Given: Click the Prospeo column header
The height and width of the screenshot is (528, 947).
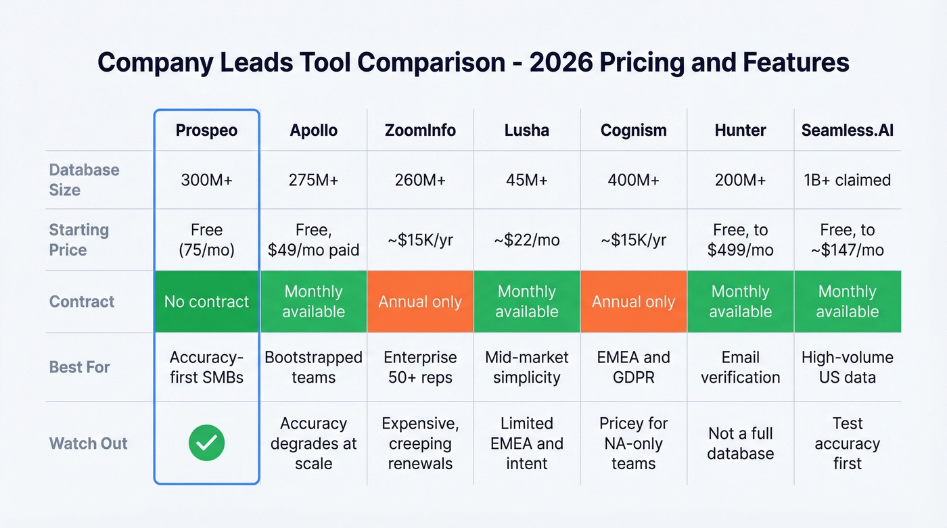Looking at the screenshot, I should pos(206,130).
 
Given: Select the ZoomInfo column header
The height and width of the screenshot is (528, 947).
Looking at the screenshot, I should pos(420,130).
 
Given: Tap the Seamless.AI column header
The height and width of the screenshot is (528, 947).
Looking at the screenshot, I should pos(847,130).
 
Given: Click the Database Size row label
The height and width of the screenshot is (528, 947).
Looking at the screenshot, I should pos(84,180).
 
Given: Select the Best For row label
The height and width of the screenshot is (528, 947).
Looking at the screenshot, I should pos(80,367).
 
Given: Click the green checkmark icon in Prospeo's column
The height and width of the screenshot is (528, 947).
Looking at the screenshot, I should pos(206,443).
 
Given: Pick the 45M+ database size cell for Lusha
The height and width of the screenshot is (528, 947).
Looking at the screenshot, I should pos(526,180).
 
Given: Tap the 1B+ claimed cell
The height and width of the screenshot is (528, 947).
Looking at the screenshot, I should pos(847,180).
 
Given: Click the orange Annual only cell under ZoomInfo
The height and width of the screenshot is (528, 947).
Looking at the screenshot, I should pos(420,302).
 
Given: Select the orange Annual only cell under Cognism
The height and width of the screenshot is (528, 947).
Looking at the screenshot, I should pos(633,302).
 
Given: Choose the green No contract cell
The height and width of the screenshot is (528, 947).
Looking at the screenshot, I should pos(206,302).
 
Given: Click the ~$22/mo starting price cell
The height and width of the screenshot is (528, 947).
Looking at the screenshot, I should pos(526,240).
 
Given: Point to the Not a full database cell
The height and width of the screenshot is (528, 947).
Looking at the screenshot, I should pos(740,443).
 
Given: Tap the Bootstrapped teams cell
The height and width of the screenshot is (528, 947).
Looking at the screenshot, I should pos(313,367).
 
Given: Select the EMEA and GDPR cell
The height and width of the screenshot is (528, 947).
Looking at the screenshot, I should pos(633,367).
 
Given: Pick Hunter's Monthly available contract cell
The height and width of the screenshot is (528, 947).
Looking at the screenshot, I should pos(740,302).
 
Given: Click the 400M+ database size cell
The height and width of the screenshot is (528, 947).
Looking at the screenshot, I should pos(633,180).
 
